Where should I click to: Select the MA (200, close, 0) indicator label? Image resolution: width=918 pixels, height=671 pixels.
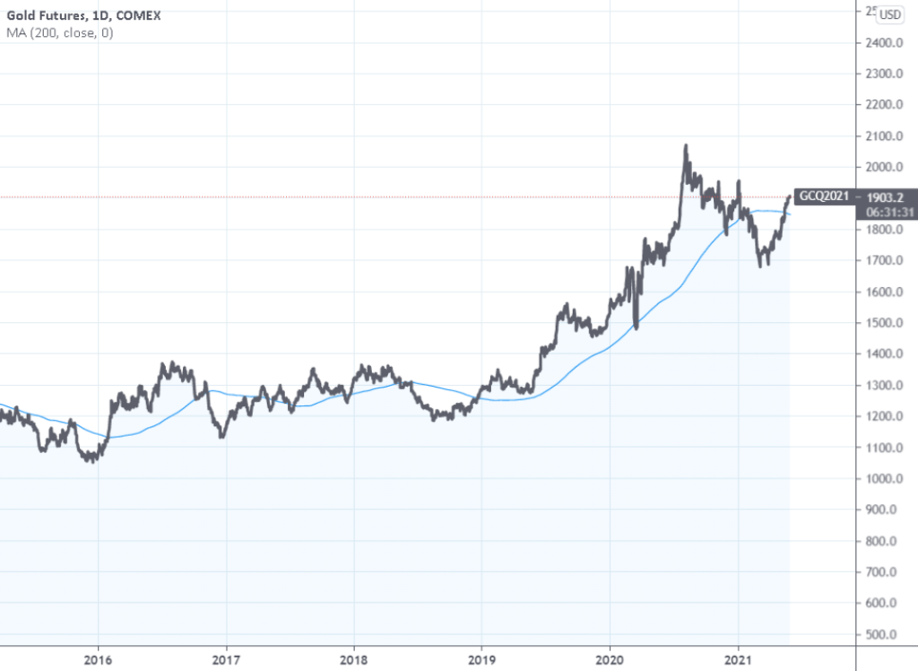tap(60, 33)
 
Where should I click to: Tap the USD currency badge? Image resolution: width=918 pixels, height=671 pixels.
tap(890, 14)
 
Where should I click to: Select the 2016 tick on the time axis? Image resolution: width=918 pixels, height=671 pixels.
tap(98, 657)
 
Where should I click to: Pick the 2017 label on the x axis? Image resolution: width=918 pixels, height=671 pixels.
tap(226, 657)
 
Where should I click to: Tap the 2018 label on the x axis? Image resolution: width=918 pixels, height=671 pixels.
tap(354, 657)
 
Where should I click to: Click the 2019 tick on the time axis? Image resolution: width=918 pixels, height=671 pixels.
tap(481, 657)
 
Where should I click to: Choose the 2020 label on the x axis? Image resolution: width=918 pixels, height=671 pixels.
tap(610, 657)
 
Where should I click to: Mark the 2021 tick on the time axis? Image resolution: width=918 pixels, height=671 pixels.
tap(738, 657)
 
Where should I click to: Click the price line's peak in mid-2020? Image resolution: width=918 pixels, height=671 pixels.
tap(686, 145)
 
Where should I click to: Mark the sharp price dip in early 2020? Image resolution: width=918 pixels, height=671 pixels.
tap(637, 327)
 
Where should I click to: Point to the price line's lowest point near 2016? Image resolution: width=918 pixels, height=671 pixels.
tap(90, 461)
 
